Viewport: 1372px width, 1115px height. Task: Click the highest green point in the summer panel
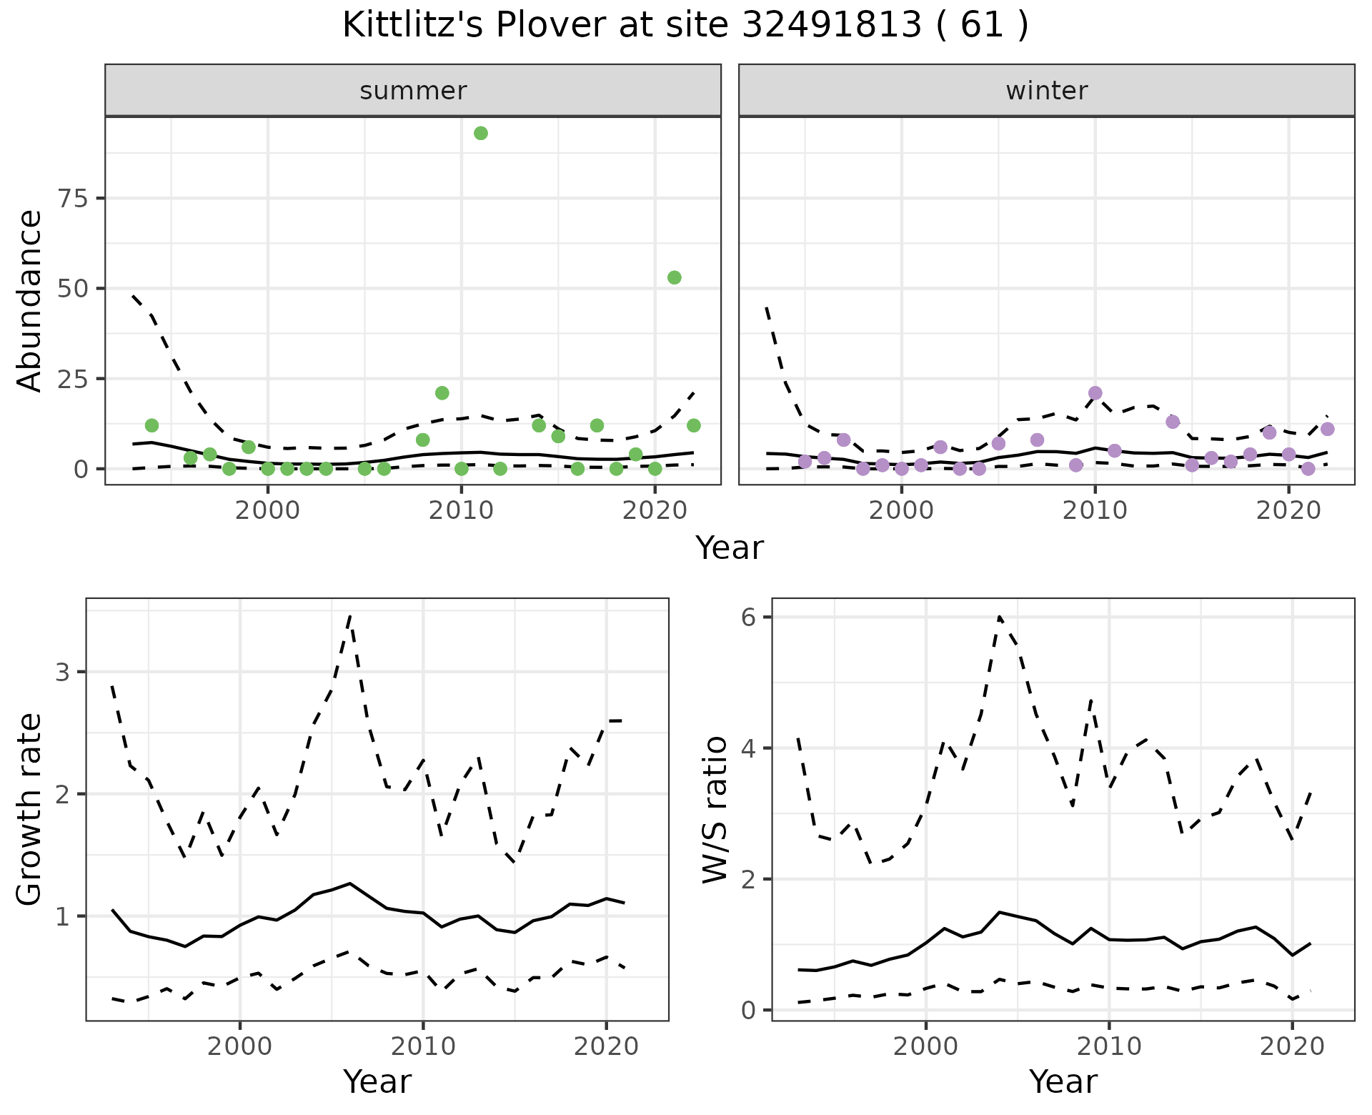pyautogui.click(x=481, y=133)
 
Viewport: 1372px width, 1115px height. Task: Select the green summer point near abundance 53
pyautogui.click(x=674, y=277)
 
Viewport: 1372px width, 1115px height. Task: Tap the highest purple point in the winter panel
pyautogui.click(x=1095, y=393)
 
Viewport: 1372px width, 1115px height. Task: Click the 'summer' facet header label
pyautogui.click(x=413, y=91)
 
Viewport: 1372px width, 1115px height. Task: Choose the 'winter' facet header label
pyautogui.click(x=1046, y=91)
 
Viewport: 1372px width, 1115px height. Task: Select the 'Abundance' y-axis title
pyautogui.click(x=30, y=300)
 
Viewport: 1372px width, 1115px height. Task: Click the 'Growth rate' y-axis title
pyautogui.click(x=30, y=809)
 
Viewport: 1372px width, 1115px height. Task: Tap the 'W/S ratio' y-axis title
pyautogui.click(x=715, y=809)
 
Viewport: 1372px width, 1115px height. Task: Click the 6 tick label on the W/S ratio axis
pyautogui.click(x=747, y=618)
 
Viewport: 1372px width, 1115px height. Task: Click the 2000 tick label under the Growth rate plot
pyautogui.click(x=240, y=1047)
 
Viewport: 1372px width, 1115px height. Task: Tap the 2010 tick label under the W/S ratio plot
pyautogui.click(x=1108, y=1047)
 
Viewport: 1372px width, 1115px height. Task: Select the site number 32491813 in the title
pyautogui.click(x=831, y=26)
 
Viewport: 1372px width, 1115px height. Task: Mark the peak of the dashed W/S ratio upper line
pyautogui.click(x=999, y=615)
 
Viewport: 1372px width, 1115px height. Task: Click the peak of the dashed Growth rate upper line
pyautogui.click(x=349, y=615)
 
